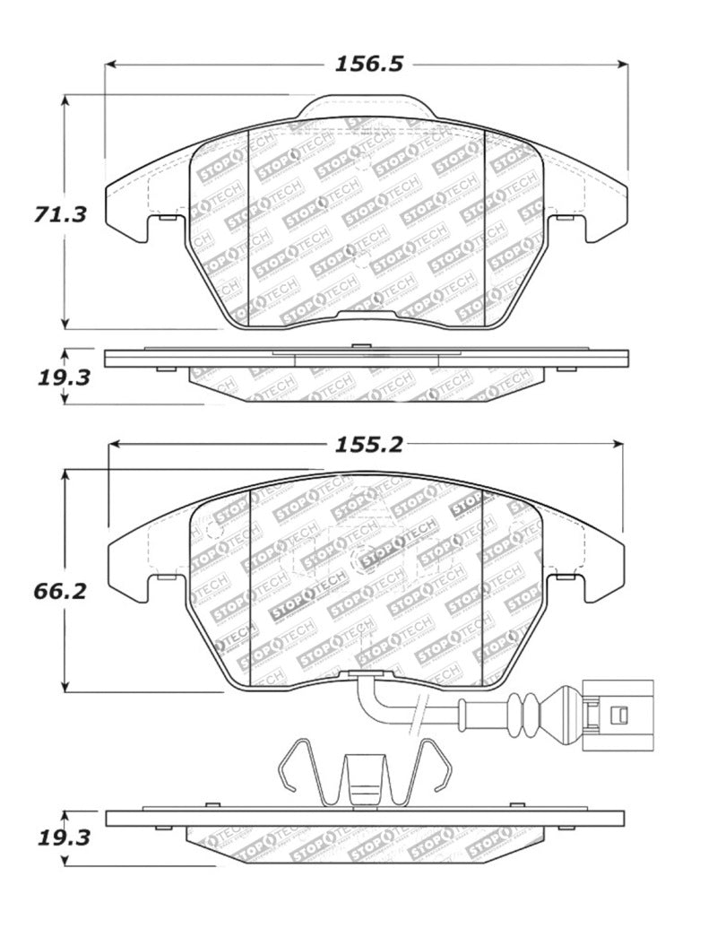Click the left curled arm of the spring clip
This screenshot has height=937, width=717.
coord(292,768)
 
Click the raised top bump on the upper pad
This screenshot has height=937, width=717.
coord(366,108)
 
